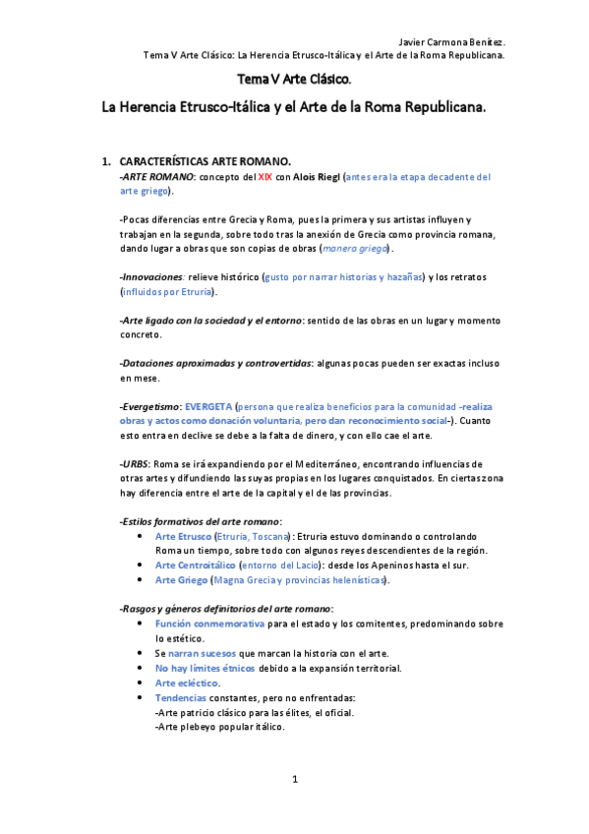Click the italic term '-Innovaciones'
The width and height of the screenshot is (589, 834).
tap(150, 277)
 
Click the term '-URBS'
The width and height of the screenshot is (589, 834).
tap(135, 463)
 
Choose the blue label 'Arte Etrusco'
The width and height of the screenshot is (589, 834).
tap(183, 537)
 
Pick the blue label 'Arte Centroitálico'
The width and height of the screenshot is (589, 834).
tap(195, 566)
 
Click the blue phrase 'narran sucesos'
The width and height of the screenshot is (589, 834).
tap(201, 653)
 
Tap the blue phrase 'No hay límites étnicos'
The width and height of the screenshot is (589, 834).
tap(205, 668)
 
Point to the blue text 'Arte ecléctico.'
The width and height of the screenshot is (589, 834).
tap(188, 683)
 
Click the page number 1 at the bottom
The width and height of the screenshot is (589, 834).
tap(294, 780)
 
